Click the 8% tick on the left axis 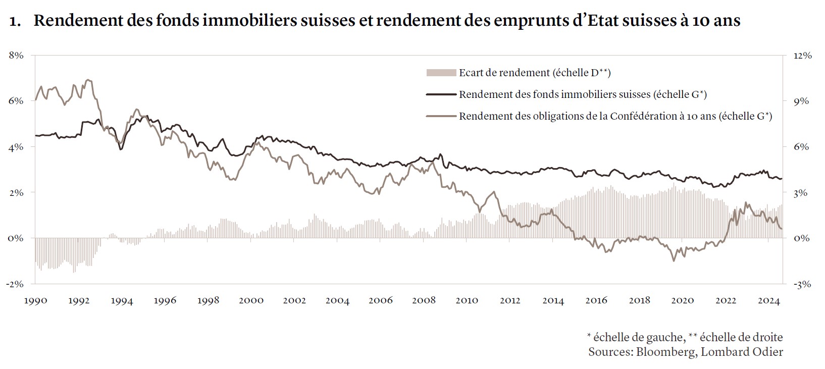click(17, 56)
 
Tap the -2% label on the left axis click(15, 284)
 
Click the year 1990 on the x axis click(35, 300)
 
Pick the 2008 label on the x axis click(424, 300)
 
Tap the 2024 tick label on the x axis click(769, 300)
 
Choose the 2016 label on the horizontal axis click(596, 300)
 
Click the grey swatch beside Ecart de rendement click(441, 73)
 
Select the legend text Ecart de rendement click(535, 73)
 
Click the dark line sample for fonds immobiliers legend click(441, 94)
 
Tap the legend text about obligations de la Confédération click(615, 116)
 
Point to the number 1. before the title click(15, 21)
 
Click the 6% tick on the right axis click(801, 147)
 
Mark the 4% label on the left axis click(17, 147)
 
